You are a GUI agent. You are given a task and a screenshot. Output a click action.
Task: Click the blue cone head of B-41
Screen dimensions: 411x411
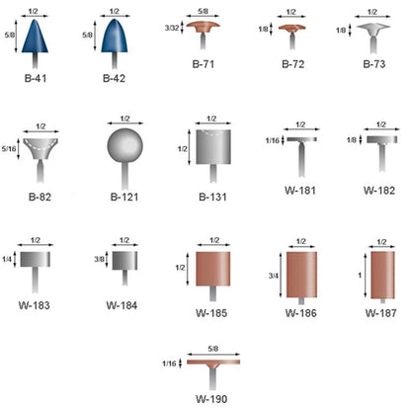click(x=35, y=38)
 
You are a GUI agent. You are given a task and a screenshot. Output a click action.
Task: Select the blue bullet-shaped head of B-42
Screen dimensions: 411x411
click(x=115, y=37)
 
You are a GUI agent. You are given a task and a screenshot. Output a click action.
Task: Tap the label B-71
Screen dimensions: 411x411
click(x=204, y=64)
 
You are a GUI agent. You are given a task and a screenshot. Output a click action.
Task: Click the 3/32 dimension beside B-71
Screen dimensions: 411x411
click(x=172, y=28)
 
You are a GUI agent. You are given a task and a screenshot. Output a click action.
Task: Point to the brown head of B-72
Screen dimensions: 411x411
click(x=291, y=28)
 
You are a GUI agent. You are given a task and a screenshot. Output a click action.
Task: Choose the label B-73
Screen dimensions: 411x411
click(x=374, y=64)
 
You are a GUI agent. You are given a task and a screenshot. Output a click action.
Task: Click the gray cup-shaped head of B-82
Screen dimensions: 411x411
click(x=41, y=148)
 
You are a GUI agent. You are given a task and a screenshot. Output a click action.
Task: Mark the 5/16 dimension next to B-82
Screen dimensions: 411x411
click(x=9, y=149)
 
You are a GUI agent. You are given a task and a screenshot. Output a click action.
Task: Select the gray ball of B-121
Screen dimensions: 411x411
click(x=125, y=145)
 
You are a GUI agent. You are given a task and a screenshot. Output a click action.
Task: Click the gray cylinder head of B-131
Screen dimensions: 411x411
click(x=213, y=147)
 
